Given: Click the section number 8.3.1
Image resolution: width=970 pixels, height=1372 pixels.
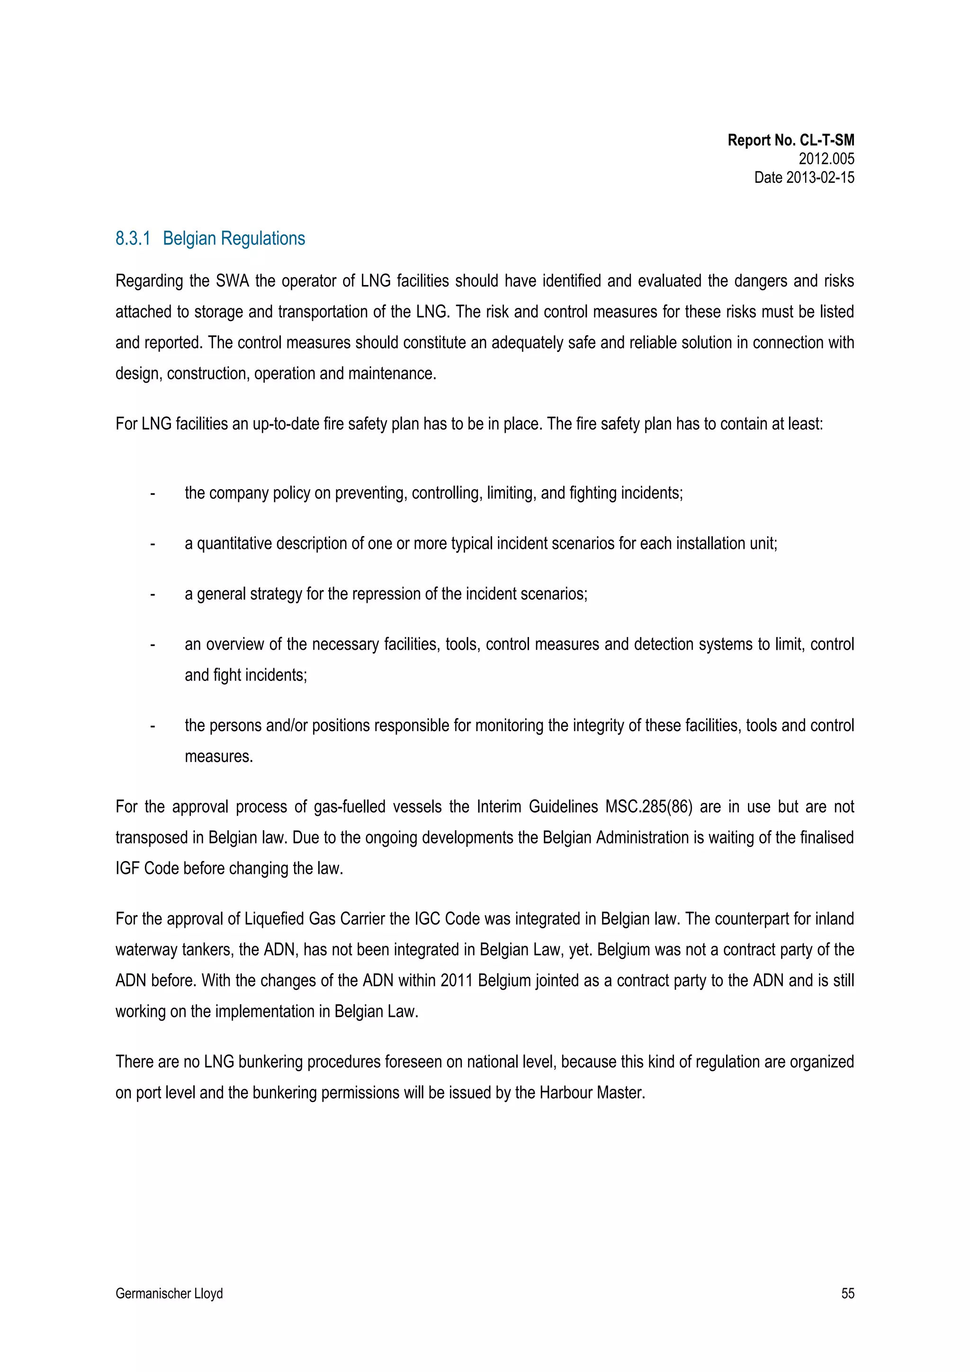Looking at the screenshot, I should [x=133, y=238].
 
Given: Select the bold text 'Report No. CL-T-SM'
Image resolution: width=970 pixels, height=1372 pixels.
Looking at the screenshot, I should [x=790, y=141].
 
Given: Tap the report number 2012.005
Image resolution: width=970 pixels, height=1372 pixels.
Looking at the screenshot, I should [x=826, y=159].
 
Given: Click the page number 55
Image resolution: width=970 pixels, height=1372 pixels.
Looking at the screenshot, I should [x=847, y=1293].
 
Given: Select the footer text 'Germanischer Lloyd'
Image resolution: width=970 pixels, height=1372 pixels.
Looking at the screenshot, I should [x=169, y=1293].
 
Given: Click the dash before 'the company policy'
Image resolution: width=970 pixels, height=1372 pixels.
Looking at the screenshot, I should [x=153, y=493].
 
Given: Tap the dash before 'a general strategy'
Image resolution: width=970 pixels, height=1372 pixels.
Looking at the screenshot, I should [x=153, y=594].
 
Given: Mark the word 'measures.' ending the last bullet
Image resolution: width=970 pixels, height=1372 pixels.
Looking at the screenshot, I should [x=219, y=756].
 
